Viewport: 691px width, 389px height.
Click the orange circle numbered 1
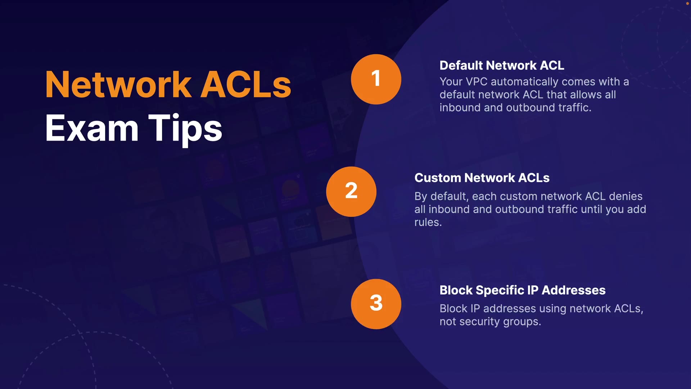(x=376, y=79)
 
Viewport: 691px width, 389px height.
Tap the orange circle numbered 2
(x=351, y=192)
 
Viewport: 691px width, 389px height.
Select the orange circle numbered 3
(x=376, y=304)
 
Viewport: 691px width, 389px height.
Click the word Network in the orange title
(x=118, y=85)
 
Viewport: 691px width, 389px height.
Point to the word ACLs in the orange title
(x=245, y=85)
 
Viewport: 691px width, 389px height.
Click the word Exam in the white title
(x=92, y=128)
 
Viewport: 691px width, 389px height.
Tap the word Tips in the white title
(x=185, y=130)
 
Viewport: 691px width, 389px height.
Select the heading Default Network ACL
(x=502, y=66)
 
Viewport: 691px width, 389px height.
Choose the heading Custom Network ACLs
(x=482, y=178)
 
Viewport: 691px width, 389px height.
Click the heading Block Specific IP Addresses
(x=523, y=290)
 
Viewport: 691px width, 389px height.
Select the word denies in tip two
(x=625, y=196)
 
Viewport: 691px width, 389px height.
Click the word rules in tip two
(x=428, y=222)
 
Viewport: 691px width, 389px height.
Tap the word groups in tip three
(x=522, y=322)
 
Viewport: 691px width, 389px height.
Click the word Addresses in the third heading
(x=574, y=290)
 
